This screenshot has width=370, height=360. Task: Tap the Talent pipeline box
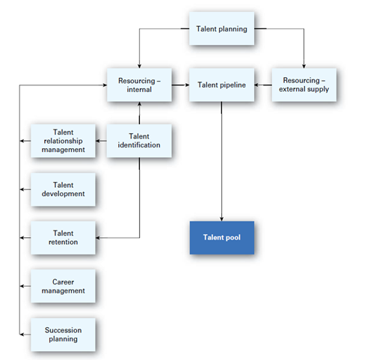point(222,85)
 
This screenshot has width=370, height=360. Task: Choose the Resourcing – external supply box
point(303,85)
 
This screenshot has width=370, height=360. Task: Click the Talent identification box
point(140,140)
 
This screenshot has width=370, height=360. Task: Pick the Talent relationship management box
point(63,140)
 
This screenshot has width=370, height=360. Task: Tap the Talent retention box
point(63,238)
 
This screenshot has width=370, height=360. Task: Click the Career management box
point(63,285)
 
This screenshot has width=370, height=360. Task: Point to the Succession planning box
point(63,334)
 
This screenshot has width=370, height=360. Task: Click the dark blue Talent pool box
point(222,237)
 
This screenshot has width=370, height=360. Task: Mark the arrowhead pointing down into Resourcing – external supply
point(303,65)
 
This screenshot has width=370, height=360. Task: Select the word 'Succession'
point(63,329)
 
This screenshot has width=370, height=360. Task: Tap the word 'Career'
point(63,281)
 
